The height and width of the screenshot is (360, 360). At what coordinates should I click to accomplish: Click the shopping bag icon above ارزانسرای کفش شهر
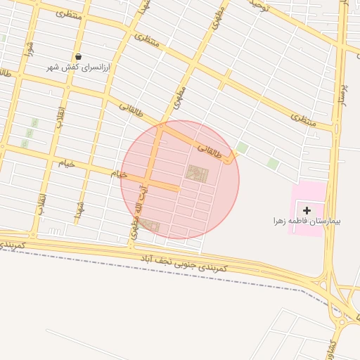(x=78, y=56)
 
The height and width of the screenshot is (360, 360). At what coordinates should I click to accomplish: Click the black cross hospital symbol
(x=307, y=210)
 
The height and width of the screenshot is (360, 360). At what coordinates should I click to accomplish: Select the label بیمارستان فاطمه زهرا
(x=307, y=221)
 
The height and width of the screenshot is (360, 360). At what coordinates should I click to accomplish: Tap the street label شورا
(x=30, y=48)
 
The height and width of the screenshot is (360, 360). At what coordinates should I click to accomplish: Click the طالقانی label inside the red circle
(x=210, y=150)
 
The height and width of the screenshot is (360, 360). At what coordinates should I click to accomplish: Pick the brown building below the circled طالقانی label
(x=197, y=173)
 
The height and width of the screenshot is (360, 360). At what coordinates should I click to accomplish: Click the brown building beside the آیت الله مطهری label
(x=150, y=226)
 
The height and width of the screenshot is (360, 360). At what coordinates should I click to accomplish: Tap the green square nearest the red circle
(x=241, y=148)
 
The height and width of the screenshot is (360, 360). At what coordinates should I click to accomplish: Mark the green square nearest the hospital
(x=273, y=164)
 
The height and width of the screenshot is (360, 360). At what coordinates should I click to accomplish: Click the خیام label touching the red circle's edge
(x=119, y=173)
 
